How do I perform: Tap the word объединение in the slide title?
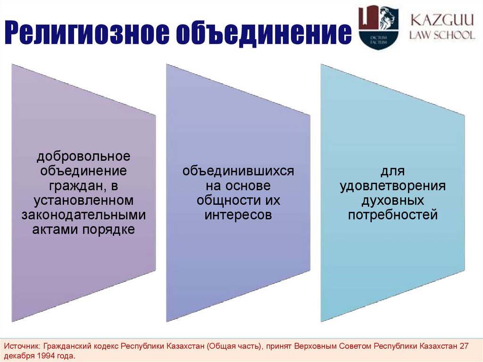click(264, 34)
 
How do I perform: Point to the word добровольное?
click(83, 156)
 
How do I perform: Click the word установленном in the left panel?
click(83, 200)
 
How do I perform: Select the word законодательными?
click(83, 215)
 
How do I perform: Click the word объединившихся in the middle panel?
click(239, 171)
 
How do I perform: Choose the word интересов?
click(239, 215)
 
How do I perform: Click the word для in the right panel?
click(393, 171)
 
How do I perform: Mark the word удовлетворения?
click(393, 185)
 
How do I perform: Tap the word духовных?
click(393, 200)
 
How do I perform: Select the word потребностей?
click(393, 215)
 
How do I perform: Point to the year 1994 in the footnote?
click(49, 356)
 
